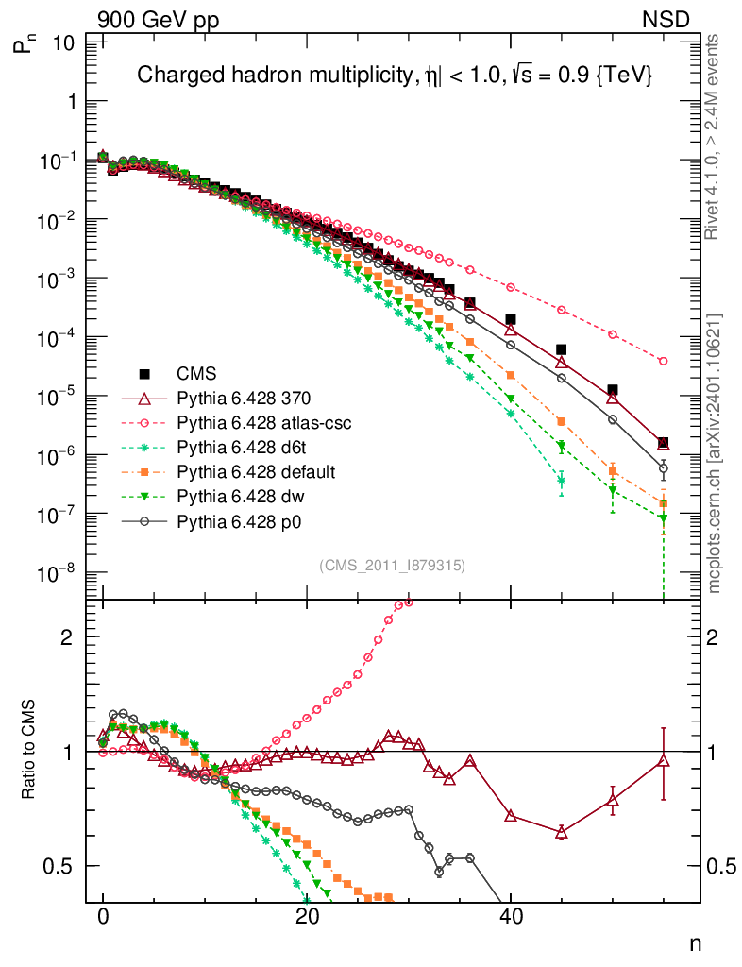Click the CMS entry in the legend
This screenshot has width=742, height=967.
[194, 373]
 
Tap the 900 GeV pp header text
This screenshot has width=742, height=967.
[159, 19]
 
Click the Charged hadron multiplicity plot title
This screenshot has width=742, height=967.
[396, 76]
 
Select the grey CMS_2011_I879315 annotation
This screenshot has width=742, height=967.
[393, 565]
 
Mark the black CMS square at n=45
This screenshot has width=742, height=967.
[561, 349]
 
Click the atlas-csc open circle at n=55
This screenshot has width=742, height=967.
[663, 361]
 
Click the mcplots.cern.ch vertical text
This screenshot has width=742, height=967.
[715, 453]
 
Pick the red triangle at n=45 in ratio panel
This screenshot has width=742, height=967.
[561, 832]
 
